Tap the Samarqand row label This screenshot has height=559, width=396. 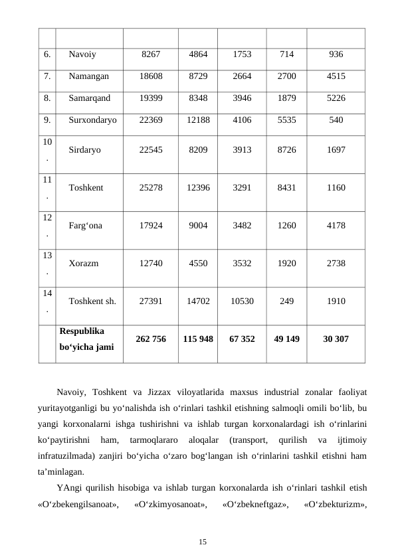[x=90, y=98]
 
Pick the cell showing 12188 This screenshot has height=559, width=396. [x=199, y=120]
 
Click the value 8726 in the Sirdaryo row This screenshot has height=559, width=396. [x=286, y=150]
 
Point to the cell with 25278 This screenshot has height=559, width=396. [x=150, y=188]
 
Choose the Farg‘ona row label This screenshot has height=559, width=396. [x=85, y=226]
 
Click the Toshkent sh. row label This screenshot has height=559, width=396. [x=92, y=301]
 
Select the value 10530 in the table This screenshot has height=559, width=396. [x=242, y=301]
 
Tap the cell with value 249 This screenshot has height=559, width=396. [x=286, y=301]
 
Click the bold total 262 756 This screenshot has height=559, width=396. [x=150, y=339]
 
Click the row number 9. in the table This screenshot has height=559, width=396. [x=47, y=120]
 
